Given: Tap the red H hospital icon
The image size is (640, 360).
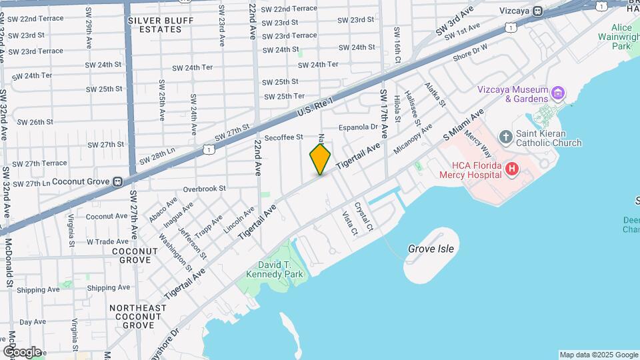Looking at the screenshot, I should [511, 169].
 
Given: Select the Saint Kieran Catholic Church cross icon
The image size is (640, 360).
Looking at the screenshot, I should [506, 137].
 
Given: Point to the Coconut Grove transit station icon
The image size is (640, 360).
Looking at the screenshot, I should [117, 181].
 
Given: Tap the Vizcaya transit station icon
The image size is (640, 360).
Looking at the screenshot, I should [537, 11].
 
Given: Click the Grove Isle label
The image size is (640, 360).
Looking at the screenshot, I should [431, 249].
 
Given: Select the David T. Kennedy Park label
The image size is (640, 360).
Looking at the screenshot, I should [275, 269].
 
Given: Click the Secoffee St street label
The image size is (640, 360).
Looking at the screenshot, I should [283, 137].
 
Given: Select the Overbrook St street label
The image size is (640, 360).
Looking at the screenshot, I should [205, 189].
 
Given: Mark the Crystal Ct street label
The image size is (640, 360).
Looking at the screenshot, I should [363, 217].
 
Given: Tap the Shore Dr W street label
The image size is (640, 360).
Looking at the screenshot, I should [470, 52].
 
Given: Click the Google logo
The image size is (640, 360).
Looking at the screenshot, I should [22, 351].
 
